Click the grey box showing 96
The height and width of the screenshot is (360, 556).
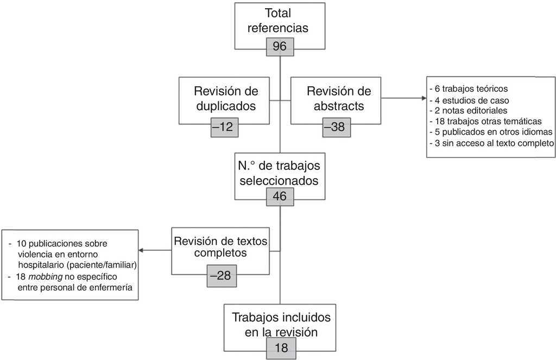(280, 47)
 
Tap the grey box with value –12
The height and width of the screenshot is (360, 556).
(224, 128)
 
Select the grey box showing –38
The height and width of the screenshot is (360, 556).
(337, 128)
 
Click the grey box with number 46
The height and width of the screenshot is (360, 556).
(280, 197)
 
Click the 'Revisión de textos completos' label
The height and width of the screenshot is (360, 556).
(220, 247)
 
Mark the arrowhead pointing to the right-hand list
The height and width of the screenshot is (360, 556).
(424, 98)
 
